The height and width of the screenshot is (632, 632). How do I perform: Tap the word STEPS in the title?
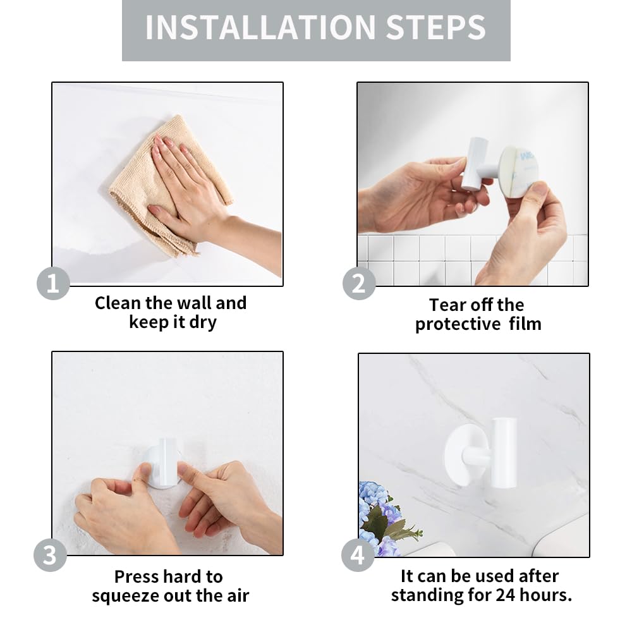(435, 27)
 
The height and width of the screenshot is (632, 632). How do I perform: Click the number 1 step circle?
(53, 283)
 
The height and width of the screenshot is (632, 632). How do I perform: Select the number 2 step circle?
(359, 283)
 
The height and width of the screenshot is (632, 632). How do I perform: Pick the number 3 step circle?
(50, 555)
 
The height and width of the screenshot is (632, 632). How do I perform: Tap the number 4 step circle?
(358, 555)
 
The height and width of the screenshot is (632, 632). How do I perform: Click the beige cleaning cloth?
(169, 185)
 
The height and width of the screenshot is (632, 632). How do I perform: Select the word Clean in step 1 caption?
(118, 303)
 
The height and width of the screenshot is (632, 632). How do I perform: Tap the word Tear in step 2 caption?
(446, 305)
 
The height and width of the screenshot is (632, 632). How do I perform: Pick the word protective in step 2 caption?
(458, 324)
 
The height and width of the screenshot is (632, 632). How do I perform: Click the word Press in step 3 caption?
(137, 577)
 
